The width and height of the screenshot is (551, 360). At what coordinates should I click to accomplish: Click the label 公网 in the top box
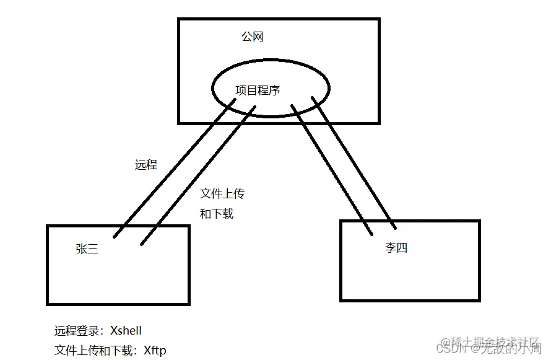pos(252,37)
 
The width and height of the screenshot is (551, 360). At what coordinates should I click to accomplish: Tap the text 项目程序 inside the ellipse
pos(258,90)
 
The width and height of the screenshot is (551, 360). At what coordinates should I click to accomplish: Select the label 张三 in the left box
pos(87,249)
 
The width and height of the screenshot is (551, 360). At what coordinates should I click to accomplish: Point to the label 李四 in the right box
pos(396,248)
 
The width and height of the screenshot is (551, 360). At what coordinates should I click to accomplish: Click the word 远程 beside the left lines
pos(146,165)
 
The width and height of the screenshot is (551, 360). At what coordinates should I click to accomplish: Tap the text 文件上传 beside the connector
pos(222,194)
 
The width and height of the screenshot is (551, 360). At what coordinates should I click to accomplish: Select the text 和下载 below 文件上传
pos(217,214)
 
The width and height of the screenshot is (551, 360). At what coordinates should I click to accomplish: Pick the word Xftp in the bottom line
pos(155,351)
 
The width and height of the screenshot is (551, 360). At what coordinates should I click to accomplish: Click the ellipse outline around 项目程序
pos(212,90)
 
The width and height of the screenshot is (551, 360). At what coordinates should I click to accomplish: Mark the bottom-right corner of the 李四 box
pos(479,300)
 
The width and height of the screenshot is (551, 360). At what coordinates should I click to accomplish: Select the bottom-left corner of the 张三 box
pos(48,304)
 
